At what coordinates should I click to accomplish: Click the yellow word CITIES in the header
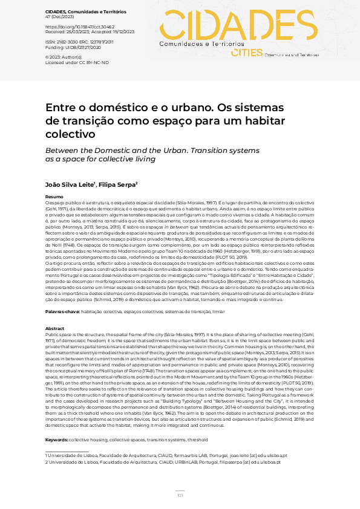coord(246,53)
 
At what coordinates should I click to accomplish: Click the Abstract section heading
coord(55,328)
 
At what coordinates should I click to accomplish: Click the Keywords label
coord(57,440)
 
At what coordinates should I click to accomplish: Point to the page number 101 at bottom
coord(180,495)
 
